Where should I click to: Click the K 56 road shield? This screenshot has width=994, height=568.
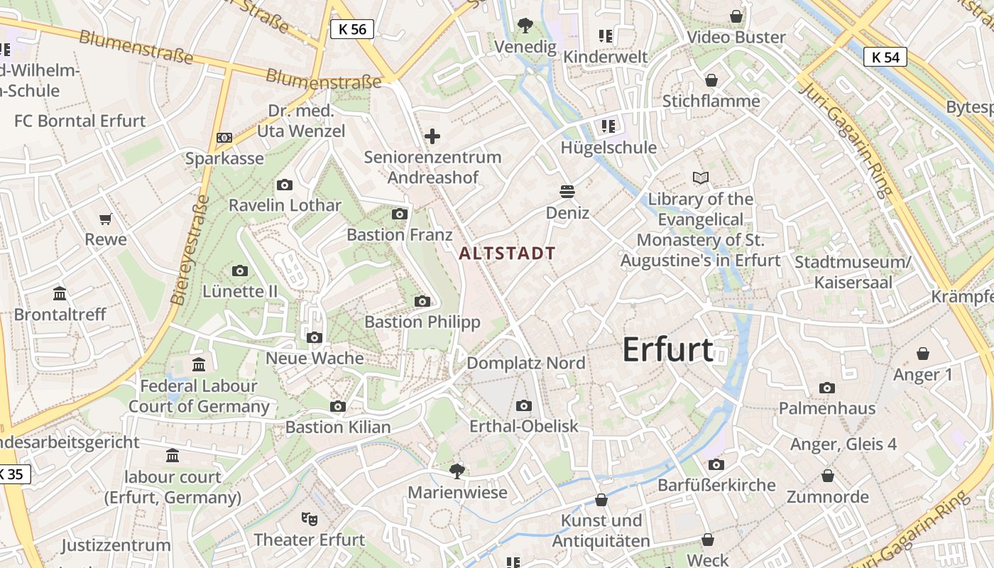click(x=352, y=29)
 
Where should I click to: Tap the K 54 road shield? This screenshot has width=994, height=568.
click(x=885, y=57)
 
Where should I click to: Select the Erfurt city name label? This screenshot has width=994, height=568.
click(x=667, y=350)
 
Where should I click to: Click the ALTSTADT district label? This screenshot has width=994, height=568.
click(x=507, y=253)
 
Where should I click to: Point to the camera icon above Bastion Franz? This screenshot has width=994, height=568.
click(x=400, y=214)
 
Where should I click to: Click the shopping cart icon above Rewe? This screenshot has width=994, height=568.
click(x=106, y=219)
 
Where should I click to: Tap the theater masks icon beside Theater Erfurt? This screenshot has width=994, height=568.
click(x=308, y=518)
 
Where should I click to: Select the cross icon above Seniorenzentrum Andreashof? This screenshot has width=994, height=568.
click(x=432, y=136)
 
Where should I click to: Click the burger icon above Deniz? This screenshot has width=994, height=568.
click(x=567, y=192)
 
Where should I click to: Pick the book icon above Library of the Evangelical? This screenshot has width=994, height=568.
click(x=700, y=177)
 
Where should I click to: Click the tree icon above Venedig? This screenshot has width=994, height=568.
click(x=525, y=26)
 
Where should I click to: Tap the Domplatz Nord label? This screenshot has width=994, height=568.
click(x=525, y=364)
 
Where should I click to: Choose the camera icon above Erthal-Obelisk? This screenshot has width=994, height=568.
click(x=524, y=405)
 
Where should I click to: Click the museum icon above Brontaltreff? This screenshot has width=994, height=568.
click(x=60, y=293)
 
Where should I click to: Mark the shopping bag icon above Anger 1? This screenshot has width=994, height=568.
click(x=923, y=354)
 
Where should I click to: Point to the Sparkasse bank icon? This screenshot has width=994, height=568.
click(x=224, y=138)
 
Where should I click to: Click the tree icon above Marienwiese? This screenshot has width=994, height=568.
click(x=457, y=471)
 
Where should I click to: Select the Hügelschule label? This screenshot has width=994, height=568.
click(x=608, y=148)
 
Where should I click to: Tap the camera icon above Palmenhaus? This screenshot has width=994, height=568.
click(x=826, y=388)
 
